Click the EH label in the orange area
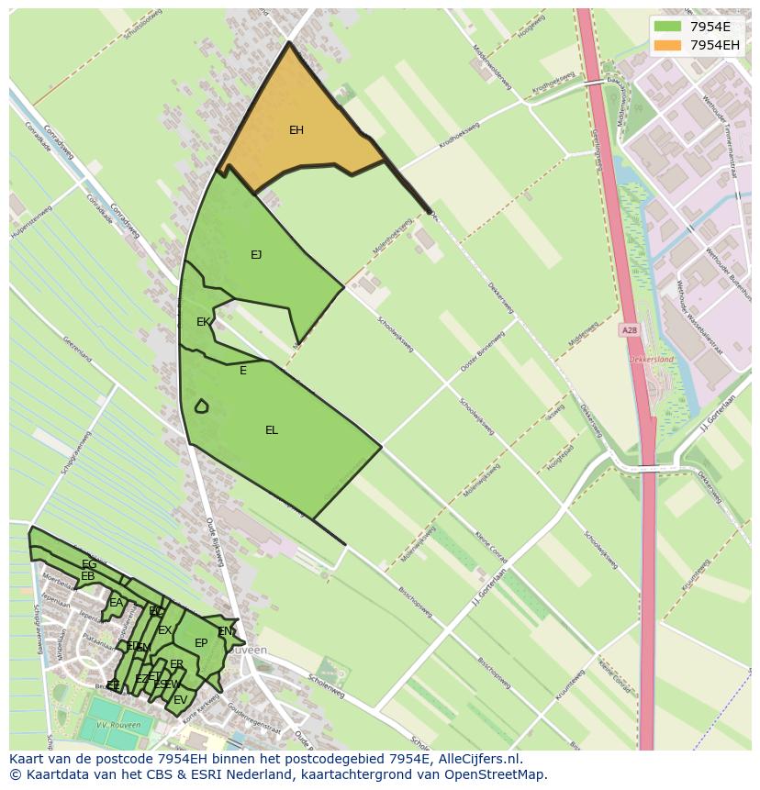296,130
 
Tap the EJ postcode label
256,255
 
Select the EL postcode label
272,430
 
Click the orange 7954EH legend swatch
667,45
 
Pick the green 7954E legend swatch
667,26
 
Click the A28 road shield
629,330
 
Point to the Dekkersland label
651,360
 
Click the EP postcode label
201,643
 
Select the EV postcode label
180,700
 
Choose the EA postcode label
116,603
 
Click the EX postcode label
164,630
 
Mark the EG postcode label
89,564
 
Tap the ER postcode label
176,664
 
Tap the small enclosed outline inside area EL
201,406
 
